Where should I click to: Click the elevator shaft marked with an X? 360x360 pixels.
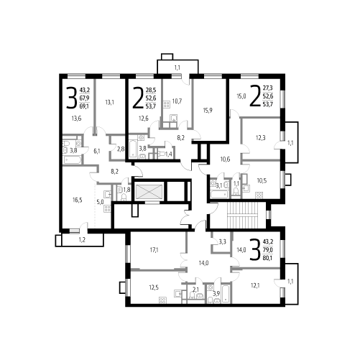click(x=149, y=192)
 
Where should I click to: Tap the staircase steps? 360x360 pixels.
click(x=243, y=216)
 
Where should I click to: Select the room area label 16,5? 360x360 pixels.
click(x=78, y=200)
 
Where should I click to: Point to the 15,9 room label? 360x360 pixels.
click(x=208, y=111)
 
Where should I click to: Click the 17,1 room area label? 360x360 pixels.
click(x=154, y=250)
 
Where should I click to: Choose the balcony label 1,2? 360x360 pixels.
click(x=82, y=240)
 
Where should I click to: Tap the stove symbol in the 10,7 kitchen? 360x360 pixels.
click(x=167, y=104)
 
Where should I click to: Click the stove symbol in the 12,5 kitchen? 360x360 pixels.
click(x=162, y=300)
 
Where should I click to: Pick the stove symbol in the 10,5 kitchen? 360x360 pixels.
click(x=259, y=195)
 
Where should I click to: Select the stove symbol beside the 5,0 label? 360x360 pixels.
click(x=107, y=208)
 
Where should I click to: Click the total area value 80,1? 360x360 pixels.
click(x=268, y=258)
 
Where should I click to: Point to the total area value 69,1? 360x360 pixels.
click(x=84, y=106)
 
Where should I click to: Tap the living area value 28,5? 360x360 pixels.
click(x=151, y=91)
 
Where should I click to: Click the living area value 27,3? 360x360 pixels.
click(x=268, y=88)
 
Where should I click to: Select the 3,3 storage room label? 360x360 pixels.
click(x=222, y=242)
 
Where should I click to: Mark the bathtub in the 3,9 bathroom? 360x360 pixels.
click(x=226, y=294)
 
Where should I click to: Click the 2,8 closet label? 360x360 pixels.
click(x=121, y=149)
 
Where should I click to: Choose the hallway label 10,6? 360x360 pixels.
click(x=225, y=159)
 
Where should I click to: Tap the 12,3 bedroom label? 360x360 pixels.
click(x=260, y=138)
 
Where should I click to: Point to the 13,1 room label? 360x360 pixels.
click(x=109, y=103)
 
